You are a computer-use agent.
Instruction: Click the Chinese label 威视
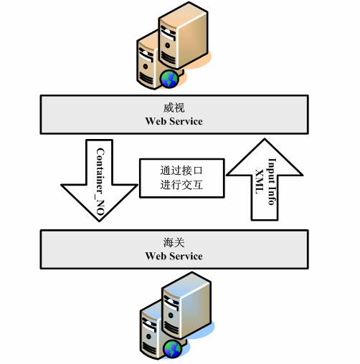[174, 108]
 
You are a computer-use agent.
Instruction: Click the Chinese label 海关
[174, 243]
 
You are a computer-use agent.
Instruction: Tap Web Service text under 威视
[174, 121]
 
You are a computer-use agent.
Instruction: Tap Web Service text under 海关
[174, 256]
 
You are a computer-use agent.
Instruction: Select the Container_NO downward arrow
[99, 181]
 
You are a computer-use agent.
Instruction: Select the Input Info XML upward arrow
[265, 179]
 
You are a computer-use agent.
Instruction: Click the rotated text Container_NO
[100, 182]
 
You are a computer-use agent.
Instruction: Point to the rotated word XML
[260, 182]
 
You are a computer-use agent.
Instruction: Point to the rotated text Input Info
[272, 181]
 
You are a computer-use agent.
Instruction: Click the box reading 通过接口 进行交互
[182, 178]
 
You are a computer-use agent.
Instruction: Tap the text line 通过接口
[181, 171]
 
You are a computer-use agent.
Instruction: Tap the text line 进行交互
[181, 185]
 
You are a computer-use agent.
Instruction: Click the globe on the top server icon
[169, 79]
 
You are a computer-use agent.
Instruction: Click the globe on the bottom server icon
[172, 349]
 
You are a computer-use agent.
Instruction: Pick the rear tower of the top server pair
[184, 35]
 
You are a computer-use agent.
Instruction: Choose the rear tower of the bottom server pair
[186, 305]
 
